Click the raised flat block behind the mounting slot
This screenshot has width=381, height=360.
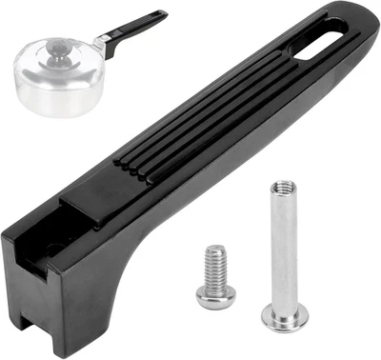pos(95,195)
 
